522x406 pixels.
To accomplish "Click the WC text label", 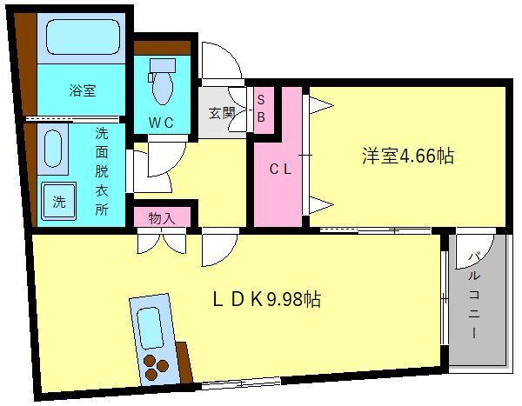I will (x=164, y=123).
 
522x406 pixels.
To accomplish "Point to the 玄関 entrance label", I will (x=222, y=112).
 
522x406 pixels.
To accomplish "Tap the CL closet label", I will (x=278, y=170).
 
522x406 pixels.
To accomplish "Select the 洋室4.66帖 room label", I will (x=395, y=156).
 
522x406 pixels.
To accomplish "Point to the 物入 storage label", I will (x=163, y=217).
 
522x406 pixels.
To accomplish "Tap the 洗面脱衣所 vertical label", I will (x=101, y=171).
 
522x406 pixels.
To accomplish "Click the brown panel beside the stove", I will (x=183, y=360).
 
